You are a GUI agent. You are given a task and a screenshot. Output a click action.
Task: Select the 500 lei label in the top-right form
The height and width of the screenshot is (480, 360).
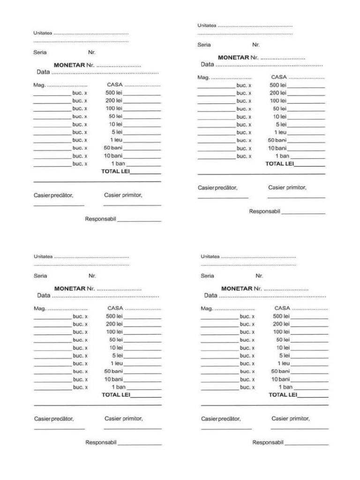click(x=277, y=85)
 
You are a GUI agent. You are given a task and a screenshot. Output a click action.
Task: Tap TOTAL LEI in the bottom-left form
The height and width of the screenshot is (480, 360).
click(x=116, y=395)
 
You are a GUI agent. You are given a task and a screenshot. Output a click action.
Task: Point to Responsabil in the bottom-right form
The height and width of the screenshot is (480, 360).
click(x=268, y=442)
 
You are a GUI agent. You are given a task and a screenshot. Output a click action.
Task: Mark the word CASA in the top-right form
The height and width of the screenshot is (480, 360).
click(x=279, y=77)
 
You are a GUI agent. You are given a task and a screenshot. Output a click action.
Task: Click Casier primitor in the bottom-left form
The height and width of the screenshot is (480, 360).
click(x=124, y=419)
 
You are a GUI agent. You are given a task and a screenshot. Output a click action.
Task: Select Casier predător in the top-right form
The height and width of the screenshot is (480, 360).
click(x=217, y=187)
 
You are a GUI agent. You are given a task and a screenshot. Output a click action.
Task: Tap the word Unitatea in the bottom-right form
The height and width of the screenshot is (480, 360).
click(x=210, y=256)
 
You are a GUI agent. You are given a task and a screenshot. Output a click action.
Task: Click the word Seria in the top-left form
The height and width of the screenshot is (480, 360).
click(x=40, y=52)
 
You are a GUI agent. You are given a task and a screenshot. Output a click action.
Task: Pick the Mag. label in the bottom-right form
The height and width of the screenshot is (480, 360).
click(x=206, y=308)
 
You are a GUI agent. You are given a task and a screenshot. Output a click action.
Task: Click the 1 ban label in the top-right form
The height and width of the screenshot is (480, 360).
click(x=282, y=156)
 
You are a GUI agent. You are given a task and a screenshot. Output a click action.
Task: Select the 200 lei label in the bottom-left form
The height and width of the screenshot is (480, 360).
click(x=114, y=324)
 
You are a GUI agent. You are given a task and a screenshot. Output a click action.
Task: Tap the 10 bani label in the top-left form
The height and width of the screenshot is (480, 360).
click(x=113, y=156)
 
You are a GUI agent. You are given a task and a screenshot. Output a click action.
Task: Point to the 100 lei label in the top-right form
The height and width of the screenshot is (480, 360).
click(x=277, y=101)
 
